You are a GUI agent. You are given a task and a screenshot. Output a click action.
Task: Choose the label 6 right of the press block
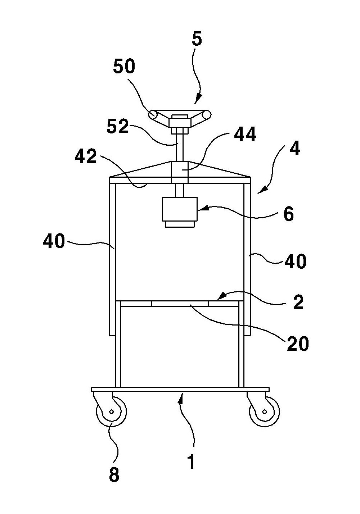[288, 214]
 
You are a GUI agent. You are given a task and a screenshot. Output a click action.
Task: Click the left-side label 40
[54, 241]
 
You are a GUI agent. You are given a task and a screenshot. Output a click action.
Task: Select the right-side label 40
[296, 261]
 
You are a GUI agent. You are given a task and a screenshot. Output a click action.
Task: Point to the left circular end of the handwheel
[153, 114]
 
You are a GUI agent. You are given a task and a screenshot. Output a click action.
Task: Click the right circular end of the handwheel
[206, 114]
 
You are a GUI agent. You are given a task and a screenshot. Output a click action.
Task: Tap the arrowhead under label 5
[197, 100]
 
